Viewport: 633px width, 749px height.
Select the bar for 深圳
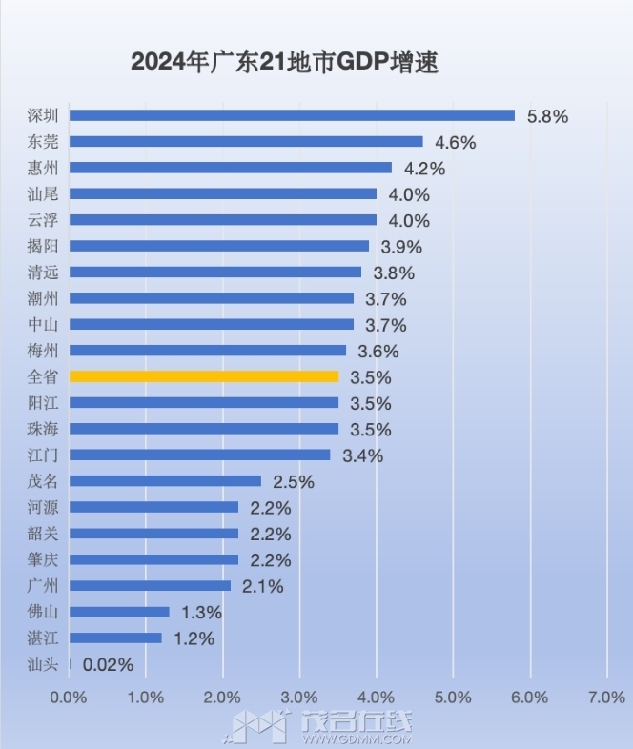292,115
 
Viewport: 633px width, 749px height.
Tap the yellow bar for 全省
204,376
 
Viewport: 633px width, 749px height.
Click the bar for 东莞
246,141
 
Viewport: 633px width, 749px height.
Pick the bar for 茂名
165,481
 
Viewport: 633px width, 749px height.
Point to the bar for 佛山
119,612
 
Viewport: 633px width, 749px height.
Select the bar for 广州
150,585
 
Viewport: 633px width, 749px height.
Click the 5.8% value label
547,116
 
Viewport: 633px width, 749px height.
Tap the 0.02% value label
108,664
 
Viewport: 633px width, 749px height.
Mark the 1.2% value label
194,638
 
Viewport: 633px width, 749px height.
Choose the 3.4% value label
362,455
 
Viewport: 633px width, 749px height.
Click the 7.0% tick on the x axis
606,698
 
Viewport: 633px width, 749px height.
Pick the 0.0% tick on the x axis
69,698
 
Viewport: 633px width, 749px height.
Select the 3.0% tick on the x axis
299,698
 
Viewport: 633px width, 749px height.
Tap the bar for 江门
199,455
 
